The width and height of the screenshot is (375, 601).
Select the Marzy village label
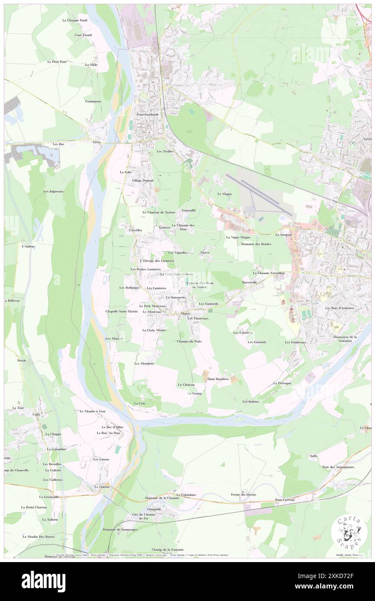click(185, 313)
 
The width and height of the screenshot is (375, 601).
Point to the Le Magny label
click(225, 194)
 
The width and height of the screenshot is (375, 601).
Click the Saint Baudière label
click(218, 379)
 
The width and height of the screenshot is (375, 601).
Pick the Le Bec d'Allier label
click(112, 427)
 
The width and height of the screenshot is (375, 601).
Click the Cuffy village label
click(36, 414)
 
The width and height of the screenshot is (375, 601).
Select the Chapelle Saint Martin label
click(122, 311)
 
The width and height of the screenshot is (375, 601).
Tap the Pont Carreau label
click(285, 500)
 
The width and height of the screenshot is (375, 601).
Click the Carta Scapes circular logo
click(349, 532)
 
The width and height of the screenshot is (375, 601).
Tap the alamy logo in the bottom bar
click(43, 581)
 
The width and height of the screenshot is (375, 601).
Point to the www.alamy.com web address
click(330, 586)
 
